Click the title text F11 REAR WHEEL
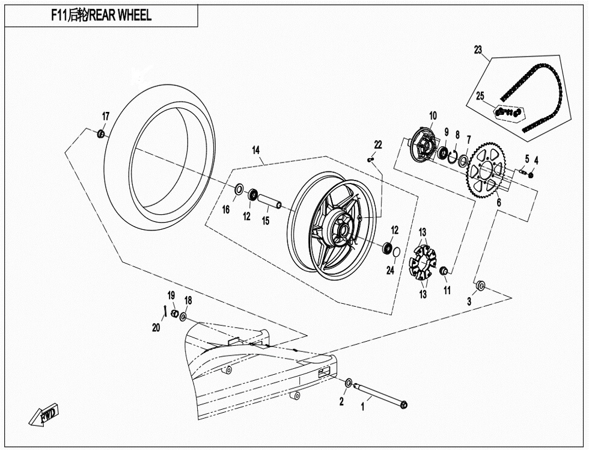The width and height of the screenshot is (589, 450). pyautogui.click(x=101, y=16)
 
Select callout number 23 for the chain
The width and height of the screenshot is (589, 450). pyautogui.click(x=478, y=50)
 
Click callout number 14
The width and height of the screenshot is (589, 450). pyautogui.click(x=255, y=150)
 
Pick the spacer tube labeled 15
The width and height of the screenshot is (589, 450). pyautogui.click(x=270, y=200)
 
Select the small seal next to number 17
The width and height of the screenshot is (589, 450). pyautogui.click(x=101, y=132)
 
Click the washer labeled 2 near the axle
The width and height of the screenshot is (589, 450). pyautogui.click(x=349, y=383)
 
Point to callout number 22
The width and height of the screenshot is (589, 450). pyautogui.click(x=377, y=145)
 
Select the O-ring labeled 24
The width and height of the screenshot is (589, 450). pyautogui.click(x=396, y=251)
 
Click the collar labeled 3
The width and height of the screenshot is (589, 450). pyautogui.click(x=481, y=285)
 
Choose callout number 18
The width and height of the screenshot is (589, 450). pyautogui.click(x=188, y=300)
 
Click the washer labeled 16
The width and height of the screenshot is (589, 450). pyautogui.click(x=238, y=191)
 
